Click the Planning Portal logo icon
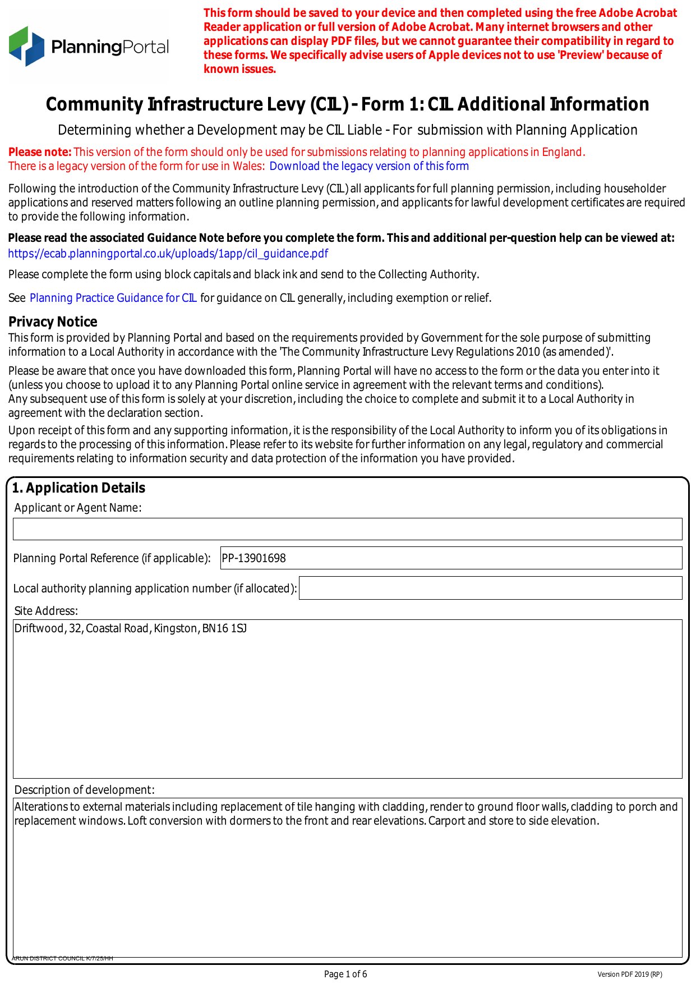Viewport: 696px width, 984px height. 26,46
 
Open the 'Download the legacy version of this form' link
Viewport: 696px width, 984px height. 368,167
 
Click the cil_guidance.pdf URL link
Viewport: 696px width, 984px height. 168,254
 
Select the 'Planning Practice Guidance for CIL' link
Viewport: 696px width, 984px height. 113,298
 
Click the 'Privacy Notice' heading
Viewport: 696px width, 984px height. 53,321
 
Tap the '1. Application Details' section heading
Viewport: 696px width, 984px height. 79,488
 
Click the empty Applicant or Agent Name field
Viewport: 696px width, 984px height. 347,529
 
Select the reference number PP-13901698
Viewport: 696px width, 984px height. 254,558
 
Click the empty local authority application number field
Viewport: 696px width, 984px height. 490,588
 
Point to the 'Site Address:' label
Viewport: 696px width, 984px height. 46,611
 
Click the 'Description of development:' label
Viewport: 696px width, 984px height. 84,790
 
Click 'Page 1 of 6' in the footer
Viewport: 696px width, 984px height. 345,974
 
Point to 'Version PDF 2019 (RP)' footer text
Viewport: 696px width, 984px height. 629,974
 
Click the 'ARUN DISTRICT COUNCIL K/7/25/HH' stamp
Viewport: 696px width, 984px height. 62,958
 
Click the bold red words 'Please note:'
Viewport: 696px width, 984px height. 39,152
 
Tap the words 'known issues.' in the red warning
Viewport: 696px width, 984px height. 239,70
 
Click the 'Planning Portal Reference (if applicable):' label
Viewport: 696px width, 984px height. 112,558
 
